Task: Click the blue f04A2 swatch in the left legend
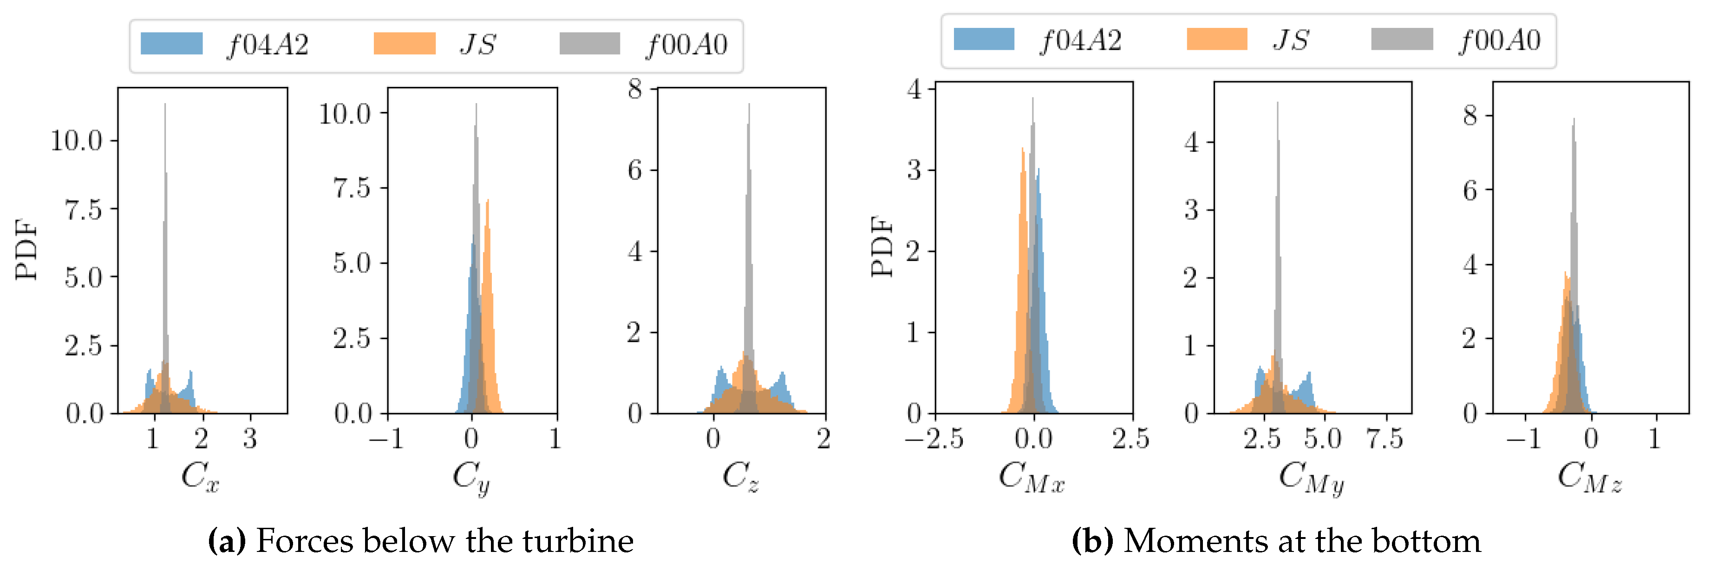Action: [171, 44]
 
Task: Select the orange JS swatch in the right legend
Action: [1217, 39]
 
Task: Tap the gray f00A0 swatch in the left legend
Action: [589, 44]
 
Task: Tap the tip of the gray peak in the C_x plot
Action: [165, 105]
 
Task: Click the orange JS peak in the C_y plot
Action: [488, 201]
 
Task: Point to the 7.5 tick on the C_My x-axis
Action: [1385, 439]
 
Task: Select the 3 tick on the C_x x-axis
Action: [250, 439]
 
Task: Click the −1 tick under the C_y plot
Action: [387, 439]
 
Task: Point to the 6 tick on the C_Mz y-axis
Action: [1470, 190]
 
